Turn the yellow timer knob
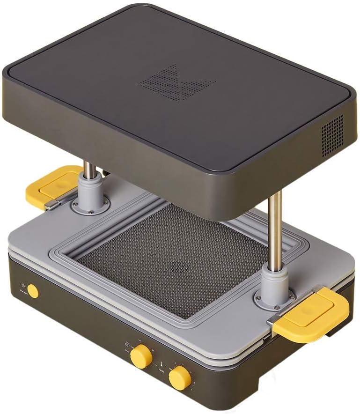140,356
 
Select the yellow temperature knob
180,377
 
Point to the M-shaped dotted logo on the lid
177,82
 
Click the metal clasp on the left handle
51,206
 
